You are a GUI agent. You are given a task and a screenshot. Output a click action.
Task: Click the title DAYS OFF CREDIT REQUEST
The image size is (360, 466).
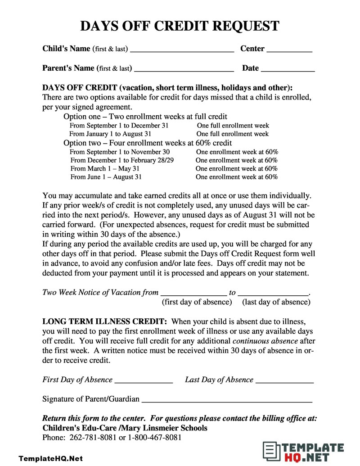(x=180, y=26)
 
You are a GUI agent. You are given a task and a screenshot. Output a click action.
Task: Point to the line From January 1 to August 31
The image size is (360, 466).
(x=110, y=134)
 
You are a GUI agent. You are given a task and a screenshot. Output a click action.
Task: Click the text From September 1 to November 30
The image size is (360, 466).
(x=120, y=152)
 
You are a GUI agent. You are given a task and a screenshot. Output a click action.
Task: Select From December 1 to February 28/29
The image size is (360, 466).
(x=122, y=160)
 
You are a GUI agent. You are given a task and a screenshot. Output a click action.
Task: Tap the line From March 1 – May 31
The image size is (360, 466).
(x=105, y=169)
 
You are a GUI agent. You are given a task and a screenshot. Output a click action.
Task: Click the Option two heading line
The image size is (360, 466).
(x=148, y=143)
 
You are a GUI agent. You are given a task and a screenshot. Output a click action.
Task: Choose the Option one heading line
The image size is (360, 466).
(x=145, y=117)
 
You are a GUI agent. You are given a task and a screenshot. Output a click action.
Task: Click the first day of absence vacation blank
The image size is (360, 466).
(x=193, y=294)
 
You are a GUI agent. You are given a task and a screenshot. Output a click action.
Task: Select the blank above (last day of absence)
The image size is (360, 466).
(x=273, y=294)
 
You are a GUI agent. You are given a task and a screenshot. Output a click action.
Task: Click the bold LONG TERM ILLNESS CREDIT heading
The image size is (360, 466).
(x=105, y=321)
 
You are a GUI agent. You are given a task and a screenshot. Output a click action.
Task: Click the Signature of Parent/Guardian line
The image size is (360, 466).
(x=227, y=401)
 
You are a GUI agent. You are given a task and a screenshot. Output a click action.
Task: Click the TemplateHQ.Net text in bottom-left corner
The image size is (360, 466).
(x=51, y=459)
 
